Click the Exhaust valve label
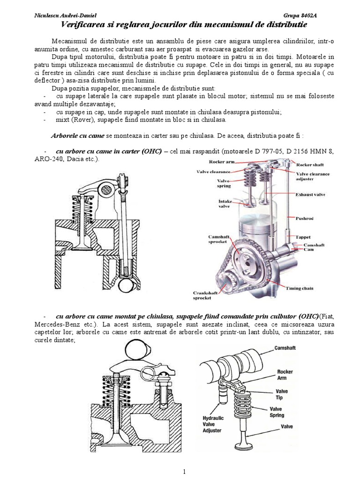click(x=311, y=195)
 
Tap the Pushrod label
click(x=305, y=217)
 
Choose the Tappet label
click(x=304, y=237)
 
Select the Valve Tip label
click(x=282, y=395)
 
